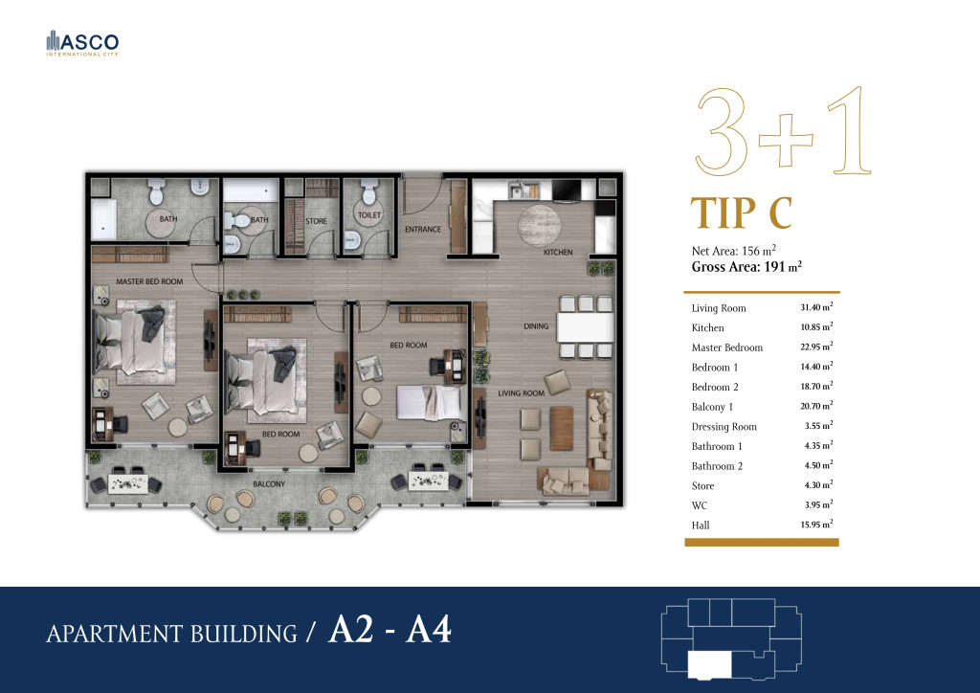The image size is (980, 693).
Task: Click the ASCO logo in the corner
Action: (82, 43)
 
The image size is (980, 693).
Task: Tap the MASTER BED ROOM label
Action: (149, 281)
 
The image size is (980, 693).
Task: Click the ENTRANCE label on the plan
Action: (423, 230)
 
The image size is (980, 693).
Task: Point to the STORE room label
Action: (316, 221)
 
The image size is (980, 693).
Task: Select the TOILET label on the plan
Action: (369, 215)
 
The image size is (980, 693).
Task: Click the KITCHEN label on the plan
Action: (558, 253)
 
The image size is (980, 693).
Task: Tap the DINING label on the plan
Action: (536, 326)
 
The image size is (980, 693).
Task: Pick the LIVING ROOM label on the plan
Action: (522, 393)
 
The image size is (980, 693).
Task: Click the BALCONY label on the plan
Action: (269, 484)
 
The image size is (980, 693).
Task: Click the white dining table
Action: (586, 326)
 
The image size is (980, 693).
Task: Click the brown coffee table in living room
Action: (561, 428)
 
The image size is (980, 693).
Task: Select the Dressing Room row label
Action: (724, 427)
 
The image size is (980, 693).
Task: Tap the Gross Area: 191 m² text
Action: (746, 267)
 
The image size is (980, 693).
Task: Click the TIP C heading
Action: (742, 212)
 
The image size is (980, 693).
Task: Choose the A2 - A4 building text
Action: (390, 629)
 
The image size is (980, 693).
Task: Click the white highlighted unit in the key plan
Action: (709, 664)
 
